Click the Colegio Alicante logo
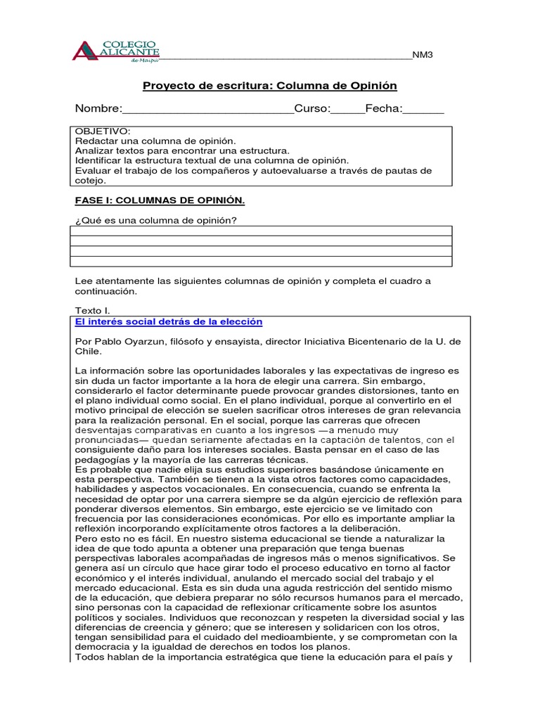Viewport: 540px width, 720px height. [116, 51]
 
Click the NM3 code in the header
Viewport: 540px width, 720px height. [423, 56]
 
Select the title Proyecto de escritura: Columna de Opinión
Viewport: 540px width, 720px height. [270, 86]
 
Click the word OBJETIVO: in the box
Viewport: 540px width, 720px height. [102, 131]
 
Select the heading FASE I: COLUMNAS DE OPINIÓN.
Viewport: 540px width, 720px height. [160, 200]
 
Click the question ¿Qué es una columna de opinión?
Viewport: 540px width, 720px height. [155, 221]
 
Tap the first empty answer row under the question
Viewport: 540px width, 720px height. [261, 231]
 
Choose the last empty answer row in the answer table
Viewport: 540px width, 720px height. [261, 262]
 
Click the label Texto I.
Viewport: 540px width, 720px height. [92, 310]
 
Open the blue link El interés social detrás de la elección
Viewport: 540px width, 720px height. [168, 321]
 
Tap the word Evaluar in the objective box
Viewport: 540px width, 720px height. [94, 171]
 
